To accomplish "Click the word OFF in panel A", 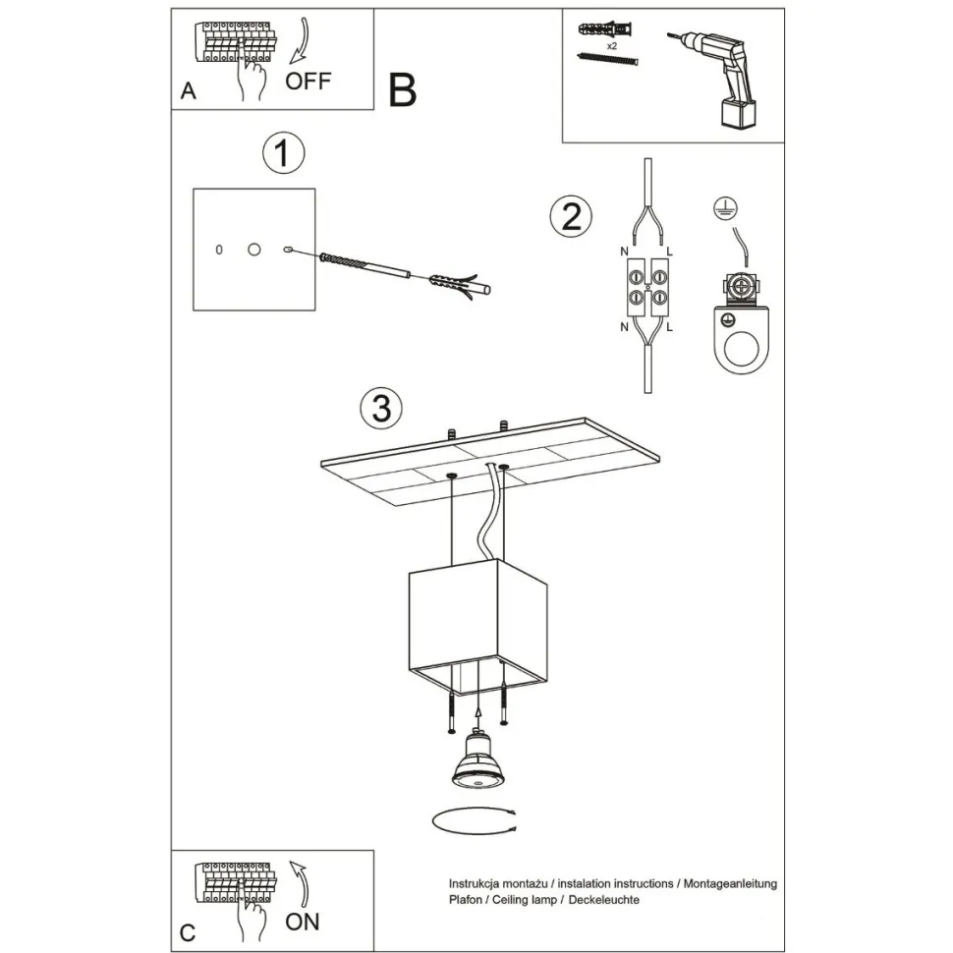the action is [x=308, y=81].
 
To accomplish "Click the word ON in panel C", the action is [x=302, y=922].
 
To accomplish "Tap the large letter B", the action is [x=403, y=90].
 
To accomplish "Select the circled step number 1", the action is [x=283, y=153].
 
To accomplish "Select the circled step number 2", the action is [x=571, y=217].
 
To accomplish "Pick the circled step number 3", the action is [x=381, y=407].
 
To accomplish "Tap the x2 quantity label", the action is [x=612, y=45].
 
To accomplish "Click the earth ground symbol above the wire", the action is [x=725, y=207].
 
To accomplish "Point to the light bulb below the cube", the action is [x=477, y=762].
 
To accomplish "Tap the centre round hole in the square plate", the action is [x=254, y=250].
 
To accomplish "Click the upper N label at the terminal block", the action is [x=624, y=252].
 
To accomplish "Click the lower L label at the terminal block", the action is [x=669, y=327].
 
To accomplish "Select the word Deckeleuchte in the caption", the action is [x=603, y=900].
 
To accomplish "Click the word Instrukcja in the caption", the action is [x=477, y=883].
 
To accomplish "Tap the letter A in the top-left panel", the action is [x=189, y=90].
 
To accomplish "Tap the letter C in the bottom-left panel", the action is [x=188, y=933].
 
